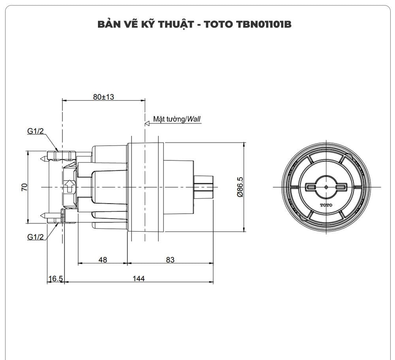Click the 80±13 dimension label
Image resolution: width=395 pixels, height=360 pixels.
[103, 97]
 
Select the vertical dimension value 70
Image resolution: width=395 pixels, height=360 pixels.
[24, 187]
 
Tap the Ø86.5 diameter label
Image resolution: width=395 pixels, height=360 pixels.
[239, 187]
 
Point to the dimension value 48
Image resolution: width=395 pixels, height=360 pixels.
[103, 260]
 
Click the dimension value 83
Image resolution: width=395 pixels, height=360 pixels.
[170, 260]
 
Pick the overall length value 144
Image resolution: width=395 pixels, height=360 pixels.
[138, 279]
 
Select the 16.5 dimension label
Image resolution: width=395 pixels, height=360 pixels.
[55, 279]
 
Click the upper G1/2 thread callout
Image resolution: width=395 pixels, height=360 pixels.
[36, 131]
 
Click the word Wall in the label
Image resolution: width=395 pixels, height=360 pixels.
[194, 119]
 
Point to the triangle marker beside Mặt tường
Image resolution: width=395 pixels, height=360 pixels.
[147, 123]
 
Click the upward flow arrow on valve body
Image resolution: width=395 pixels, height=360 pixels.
[69, 186]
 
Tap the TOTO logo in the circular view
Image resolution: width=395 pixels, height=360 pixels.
[326, 205]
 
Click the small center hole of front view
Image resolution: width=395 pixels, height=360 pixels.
[326, 187]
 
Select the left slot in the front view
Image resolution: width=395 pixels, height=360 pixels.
[311, 187]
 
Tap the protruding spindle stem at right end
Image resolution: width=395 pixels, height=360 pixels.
[203, 187]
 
